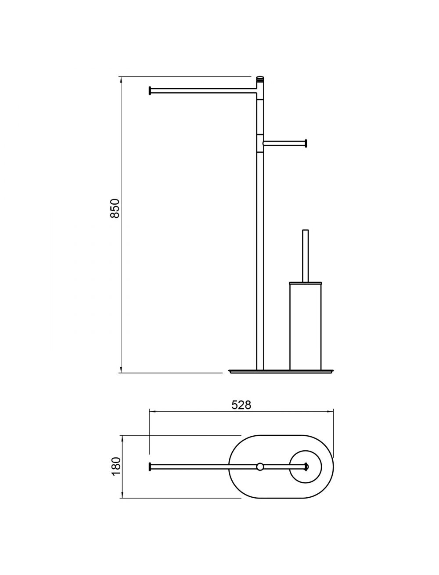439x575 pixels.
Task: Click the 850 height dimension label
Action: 115,209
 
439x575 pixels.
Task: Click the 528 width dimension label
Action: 241,405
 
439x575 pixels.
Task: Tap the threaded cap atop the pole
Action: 260,79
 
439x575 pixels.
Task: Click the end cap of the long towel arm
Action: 150,90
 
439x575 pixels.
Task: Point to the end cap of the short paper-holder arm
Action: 306,143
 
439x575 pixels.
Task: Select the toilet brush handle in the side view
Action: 305,256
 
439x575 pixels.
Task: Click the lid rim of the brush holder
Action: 305,283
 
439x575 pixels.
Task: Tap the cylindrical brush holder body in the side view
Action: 305,327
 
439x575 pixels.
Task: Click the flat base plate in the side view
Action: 281,371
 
